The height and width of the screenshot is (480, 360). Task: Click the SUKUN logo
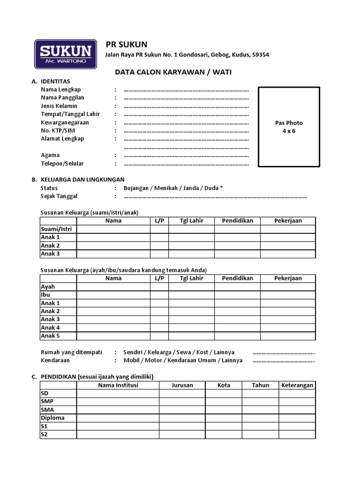click(66, 54)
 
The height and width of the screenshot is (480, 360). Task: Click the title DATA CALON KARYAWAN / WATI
click(173, 72)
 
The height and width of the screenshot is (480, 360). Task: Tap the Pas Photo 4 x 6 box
click(289, 127)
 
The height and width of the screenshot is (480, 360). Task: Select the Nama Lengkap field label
click(61, 90)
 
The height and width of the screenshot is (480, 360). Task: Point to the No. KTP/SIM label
click(58, 130)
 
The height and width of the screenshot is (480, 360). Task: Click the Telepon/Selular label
click(62, 164)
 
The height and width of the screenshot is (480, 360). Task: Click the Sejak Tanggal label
click(59, 196)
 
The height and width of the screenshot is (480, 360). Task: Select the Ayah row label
click(48, 286)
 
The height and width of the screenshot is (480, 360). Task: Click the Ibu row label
click(45, 295)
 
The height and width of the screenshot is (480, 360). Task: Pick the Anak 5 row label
click(50, 336)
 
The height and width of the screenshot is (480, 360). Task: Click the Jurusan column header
click(182, 385)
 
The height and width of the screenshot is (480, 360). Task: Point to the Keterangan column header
click(297, 385)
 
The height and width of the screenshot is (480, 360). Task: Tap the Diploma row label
click(52, 418)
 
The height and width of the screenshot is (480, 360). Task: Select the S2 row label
click(45, 435)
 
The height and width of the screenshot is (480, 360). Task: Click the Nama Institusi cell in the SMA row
click(118, 410)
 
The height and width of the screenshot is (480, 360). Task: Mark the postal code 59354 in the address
click(260, 55)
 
